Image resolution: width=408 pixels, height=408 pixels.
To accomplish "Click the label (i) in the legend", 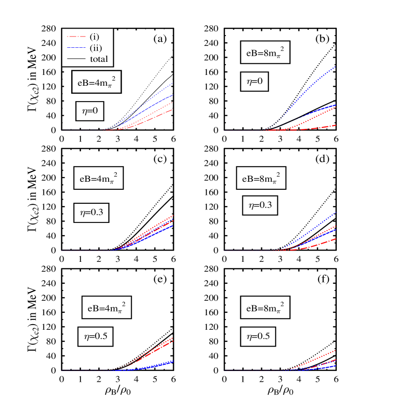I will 94,37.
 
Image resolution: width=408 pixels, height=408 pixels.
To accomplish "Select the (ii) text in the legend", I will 95,48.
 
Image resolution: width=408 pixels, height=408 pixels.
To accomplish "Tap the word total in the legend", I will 99,59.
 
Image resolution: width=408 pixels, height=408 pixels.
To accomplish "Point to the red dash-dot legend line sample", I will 76,37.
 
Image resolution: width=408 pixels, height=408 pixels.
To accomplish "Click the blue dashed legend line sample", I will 76,48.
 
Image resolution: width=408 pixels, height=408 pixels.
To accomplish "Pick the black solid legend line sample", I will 76,59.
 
